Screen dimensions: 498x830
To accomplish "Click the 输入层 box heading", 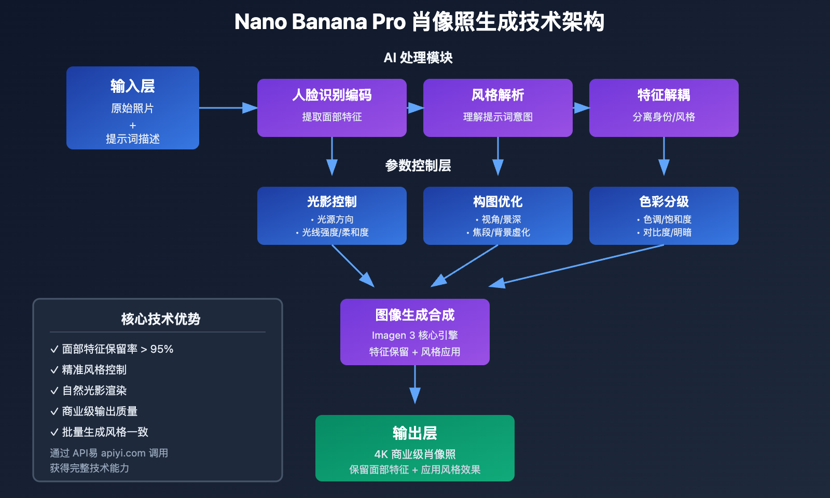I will point(132,86).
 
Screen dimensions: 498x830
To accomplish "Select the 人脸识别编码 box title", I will point(332,95).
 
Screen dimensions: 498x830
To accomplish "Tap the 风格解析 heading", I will point(497,95).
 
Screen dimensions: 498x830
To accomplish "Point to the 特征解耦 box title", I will point(663,95).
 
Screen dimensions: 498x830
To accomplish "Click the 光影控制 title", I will point(332,201).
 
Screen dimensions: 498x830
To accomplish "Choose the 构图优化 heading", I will point(497,201).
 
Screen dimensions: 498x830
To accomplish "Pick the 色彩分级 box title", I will point(663,201).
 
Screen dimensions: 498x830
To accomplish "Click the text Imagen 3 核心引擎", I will point(414,335).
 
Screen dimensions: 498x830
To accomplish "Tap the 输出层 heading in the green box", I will point(414,433).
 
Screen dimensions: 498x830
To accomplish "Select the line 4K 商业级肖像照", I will point(414,454).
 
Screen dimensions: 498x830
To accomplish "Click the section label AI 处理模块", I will point(418,58).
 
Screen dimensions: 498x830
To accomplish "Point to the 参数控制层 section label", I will point(418,165).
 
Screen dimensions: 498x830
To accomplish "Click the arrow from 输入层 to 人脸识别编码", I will point(228,108).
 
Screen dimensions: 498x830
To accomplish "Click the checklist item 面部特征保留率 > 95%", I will point(117,349).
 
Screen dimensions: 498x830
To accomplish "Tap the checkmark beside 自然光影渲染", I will point(54,391).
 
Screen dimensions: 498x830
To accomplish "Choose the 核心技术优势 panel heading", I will point(160,319).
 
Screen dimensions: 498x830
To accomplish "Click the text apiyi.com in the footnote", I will point(123,453).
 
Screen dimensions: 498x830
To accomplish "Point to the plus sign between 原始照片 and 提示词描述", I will point(133,126).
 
